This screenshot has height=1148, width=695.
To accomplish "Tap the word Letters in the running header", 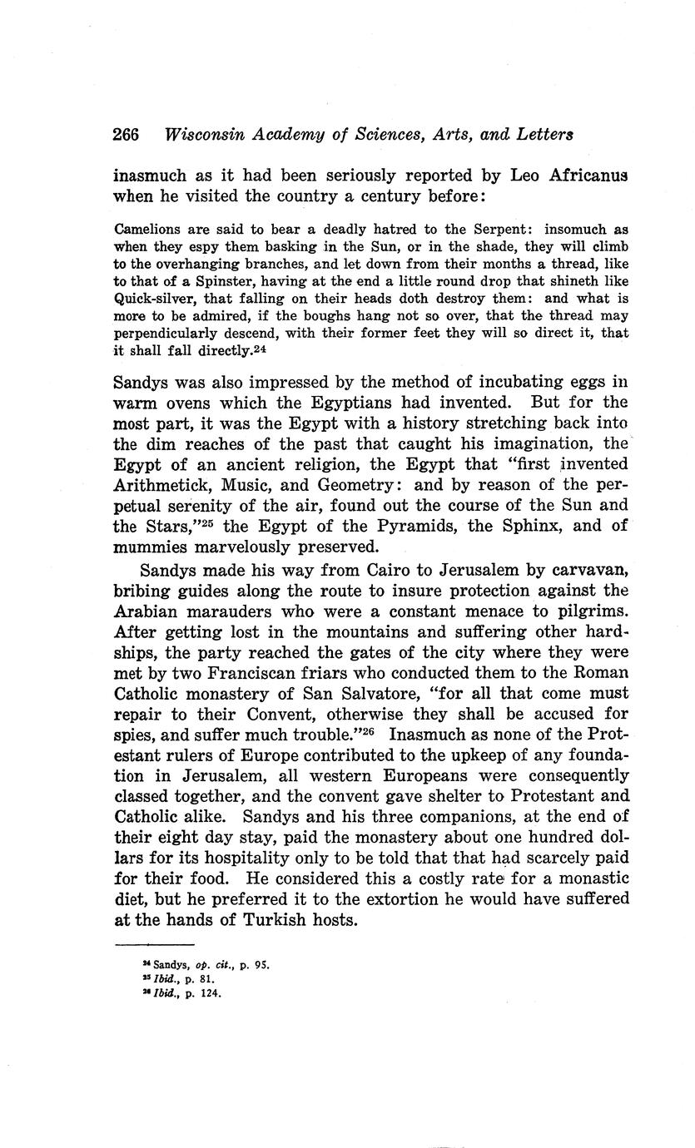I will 544,135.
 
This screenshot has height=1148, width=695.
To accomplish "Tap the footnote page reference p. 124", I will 207,992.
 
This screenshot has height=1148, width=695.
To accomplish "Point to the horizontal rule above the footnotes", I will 154,944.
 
